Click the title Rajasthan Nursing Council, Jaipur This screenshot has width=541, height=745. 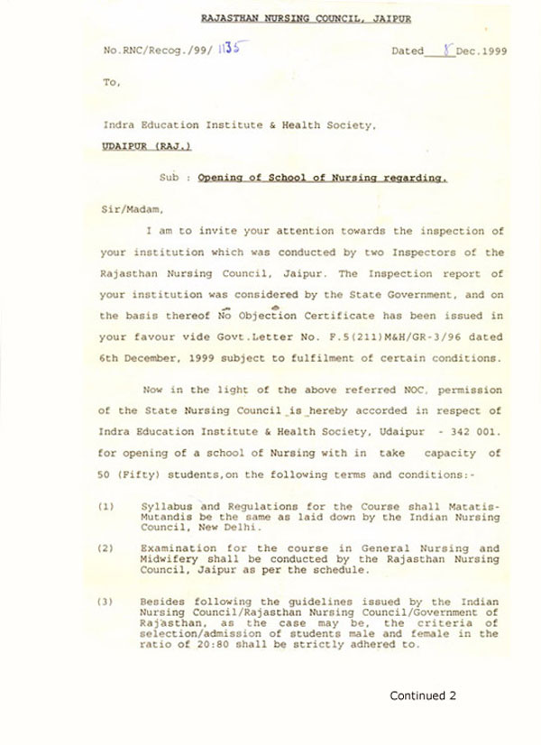tap(307, 19)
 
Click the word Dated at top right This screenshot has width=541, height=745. tap(407, 51)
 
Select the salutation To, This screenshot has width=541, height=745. tap(111, 82)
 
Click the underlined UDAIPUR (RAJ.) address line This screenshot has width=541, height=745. tap(146, 145)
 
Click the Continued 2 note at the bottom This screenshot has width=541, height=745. tap(423, 695)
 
